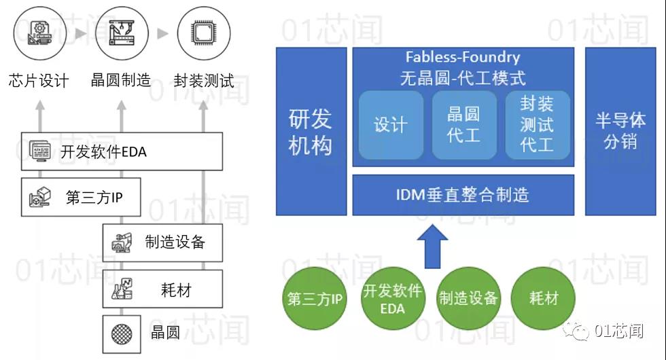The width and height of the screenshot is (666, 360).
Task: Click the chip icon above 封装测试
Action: pyautogui.click(x=204, y=33)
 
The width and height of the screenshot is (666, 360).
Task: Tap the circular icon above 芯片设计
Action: pyautogui.click(x=40, y=33)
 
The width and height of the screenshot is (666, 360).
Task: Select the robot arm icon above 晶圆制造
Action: pyautogui.click(x=122, y=33)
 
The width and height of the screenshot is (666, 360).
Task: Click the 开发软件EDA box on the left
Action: pyautogui.click(x=122, y=151)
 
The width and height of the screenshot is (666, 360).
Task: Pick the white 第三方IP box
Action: pyautogui.click(x=81, y=197)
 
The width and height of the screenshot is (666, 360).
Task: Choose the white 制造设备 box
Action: pyautogui.click(x=162, y=242)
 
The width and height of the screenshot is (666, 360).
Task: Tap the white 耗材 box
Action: pyautogui.click(x=162, y=289)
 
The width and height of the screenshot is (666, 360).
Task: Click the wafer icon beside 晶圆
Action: pyautogui.click(x=122, y=334)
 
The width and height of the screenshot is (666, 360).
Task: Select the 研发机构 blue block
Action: pyautogui.click(x=311, y=131)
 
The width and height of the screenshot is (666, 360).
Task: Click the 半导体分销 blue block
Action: pyautogui.click(x=620, y=131)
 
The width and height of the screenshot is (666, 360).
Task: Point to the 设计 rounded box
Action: pyautogui.click(x=391, y=125)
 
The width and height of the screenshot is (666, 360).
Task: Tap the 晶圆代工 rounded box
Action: pyautogui.click(x=464, y=125)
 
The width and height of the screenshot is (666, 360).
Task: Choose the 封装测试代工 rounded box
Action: pyautogui.click(x=538, y=125)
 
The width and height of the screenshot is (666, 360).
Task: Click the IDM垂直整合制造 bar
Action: pyautogui.click(x=463, y=195)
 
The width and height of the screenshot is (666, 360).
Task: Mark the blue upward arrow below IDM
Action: pyautogui.click(x=432, y=247)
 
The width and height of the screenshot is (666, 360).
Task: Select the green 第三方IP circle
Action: pyautogui.click(x=315, y=298)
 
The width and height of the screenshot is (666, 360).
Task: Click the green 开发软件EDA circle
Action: pyautogui.click(x=393, y=298)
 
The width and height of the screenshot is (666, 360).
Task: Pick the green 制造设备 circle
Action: pyautogui.click(x=468, y=298)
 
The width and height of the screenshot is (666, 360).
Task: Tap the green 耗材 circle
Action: pyautogui.click(x=543, y=298)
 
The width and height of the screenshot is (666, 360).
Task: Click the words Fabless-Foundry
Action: pyautogui.click(x=463, y=57)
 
